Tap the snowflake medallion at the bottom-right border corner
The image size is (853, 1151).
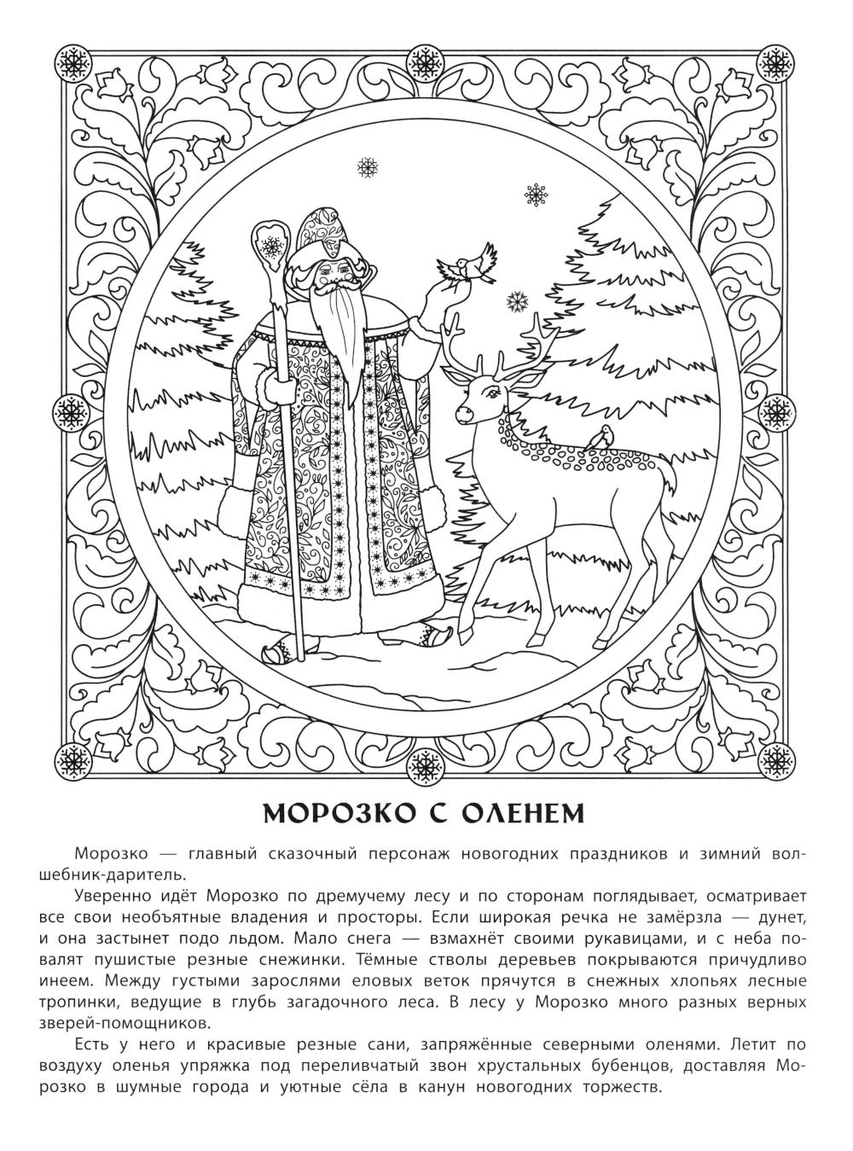775,757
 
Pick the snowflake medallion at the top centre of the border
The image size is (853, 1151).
425,61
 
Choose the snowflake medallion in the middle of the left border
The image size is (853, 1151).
71,410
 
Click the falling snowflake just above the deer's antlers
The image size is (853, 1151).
516,300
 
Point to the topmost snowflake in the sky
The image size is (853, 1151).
368,167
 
